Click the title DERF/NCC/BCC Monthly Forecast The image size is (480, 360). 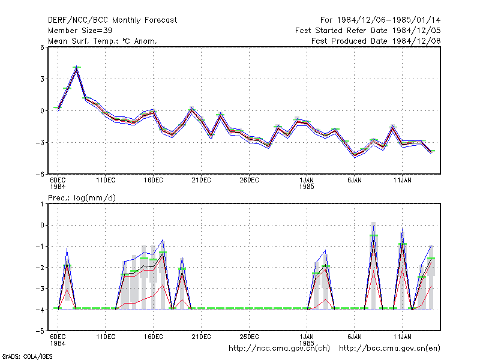(x=112, y=20)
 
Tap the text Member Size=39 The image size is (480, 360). (x=80, y=31)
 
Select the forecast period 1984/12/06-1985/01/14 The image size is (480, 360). (x=380, y=20)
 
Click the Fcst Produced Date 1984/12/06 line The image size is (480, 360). (x=376, y=41)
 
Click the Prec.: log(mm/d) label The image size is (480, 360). (x=82, y=198)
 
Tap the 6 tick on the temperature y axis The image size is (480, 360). (x=42, y=47)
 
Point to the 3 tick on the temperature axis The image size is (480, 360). (x=42, y=79)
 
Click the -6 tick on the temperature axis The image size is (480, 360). (x=40, y=175)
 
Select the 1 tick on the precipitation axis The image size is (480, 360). (x=42, y=204)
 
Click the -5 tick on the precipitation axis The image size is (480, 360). (x=40, y=331)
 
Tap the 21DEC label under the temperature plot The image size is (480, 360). (x=201, y=181)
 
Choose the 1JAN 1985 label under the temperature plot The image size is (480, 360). (x=307, y=184)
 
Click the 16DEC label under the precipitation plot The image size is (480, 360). (x=154, y=337)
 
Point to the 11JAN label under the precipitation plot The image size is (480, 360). (x=402, y=337)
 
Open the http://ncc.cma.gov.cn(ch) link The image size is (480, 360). (x=279, y=349)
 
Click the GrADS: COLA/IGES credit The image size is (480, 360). (x=27, y=356)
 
